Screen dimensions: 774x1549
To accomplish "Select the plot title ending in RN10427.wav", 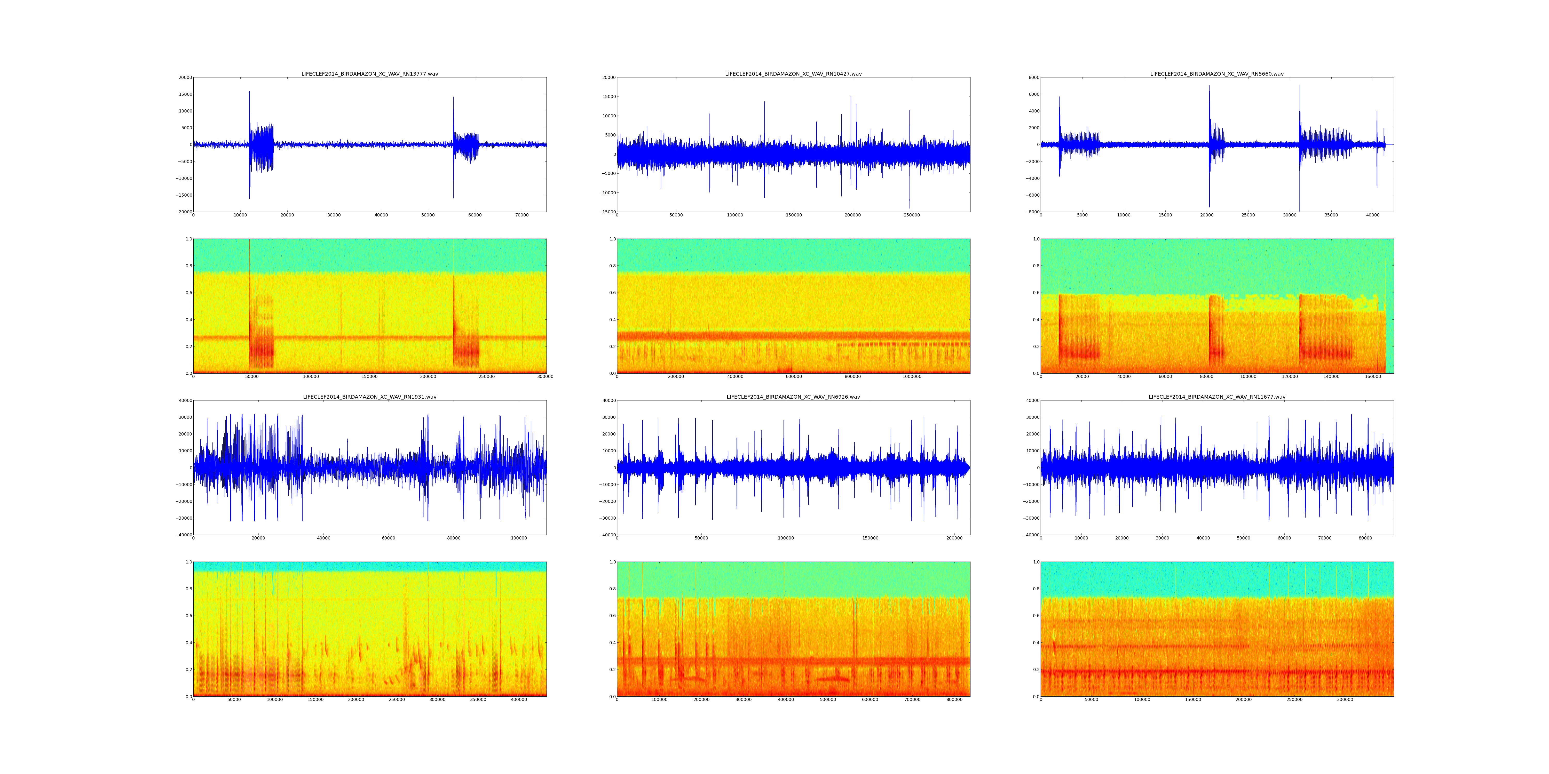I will coord(793,74).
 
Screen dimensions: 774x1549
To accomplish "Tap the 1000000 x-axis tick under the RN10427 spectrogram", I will coord(912,377).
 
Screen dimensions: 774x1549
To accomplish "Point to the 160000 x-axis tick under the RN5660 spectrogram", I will coord(1373,377).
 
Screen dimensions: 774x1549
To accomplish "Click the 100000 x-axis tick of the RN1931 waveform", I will coord(519,538).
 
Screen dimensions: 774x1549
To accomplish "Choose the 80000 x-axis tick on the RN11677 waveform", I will coord(1365,538).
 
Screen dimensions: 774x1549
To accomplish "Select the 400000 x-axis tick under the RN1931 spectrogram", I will coord(519,699).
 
